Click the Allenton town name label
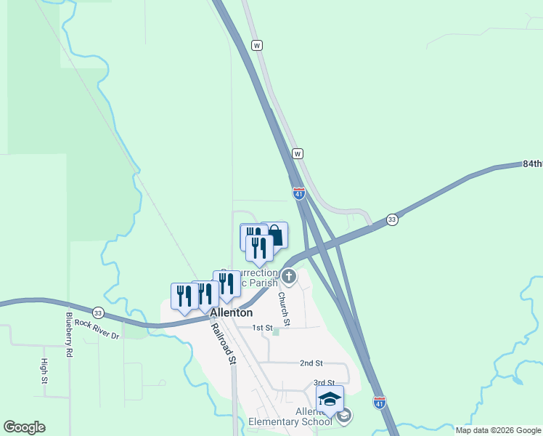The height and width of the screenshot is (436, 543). tap(232, 312)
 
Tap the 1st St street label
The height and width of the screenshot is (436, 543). tap(261, 328)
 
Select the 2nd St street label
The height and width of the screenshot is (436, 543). tap(311, 363)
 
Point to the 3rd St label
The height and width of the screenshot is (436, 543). tap(324, 383)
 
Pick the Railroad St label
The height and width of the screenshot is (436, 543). tap(223, 342)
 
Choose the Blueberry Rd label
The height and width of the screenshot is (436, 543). tap(70, 334)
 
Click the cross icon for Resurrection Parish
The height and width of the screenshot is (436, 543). tap(289, 276)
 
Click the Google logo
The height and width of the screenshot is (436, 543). tap(24, 427)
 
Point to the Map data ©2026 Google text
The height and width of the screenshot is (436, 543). tap(498, 430)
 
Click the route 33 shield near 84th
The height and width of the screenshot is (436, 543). tap(392, 219)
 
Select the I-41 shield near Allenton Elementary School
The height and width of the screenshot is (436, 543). tap(380, 402)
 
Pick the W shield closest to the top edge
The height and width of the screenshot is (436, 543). tap(256, 45)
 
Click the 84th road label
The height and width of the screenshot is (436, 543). tap(532, 164)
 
